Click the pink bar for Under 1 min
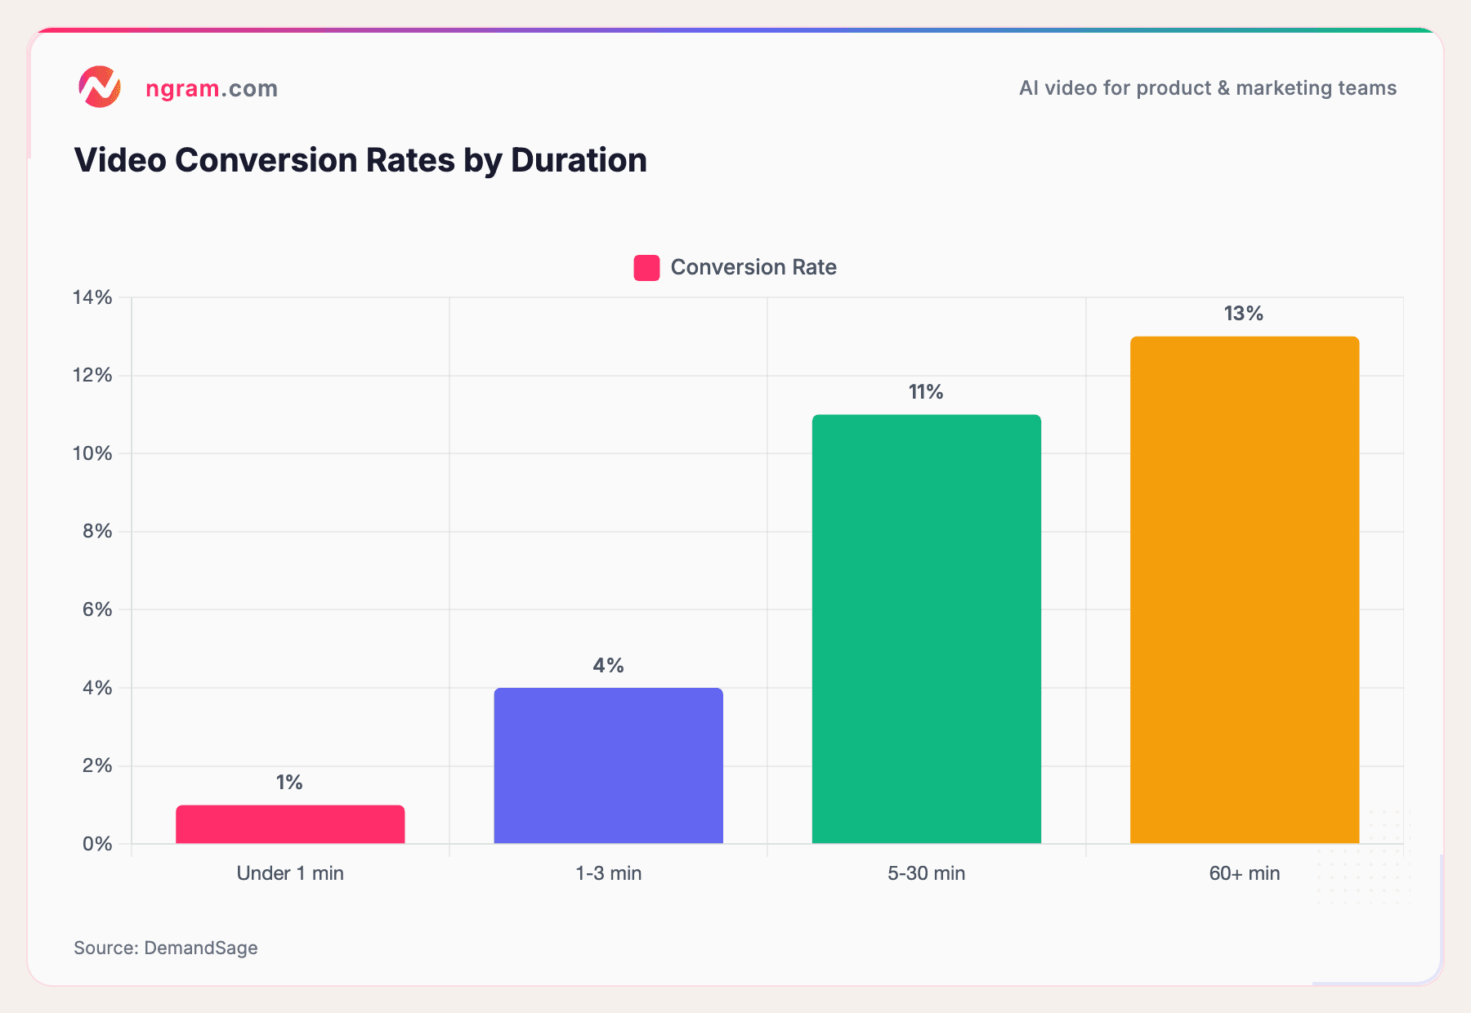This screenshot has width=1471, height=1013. (x=290, y=824)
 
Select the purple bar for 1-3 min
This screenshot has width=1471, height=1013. (x=608, y=765)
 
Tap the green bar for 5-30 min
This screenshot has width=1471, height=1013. (x=926, y=629)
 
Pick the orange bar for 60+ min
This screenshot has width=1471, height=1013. (x=1244, y=590)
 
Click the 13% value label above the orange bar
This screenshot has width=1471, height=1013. (x=1243, y=314)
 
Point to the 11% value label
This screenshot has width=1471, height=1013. (x=926, y=392)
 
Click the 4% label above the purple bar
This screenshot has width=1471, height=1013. (x=608, y=666)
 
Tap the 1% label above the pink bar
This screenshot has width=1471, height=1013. (x=289, y=783)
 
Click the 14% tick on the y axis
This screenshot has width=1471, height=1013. (x=92, y=297)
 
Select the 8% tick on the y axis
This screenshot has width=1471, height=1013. (x=96, y=531)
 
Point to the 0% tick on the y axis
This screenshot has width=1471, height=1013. (x=96, y=844)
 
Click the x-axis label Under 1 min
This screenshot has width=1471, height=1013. (x=290, y=873)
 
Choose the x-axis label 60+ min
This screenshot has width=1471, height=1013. (x=1244, y=873)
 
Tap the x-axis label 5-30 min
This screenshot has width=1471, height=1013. (x=926, y=873)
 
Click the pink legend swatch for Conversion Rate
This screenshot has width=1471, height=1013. (x=646, y=268)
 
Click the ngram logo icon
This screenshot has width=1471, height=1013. (x=100, y=87)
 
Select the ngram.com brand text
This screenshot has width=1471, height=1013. (x=212, y=88)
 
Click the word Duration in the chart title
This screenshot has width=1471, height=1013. (x=579, y=160)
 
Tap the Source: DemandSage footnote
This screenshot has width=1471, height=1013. (x=166, y=948)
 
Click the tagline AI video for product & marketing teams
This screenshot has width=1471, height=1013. (x=1207, y=88)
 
